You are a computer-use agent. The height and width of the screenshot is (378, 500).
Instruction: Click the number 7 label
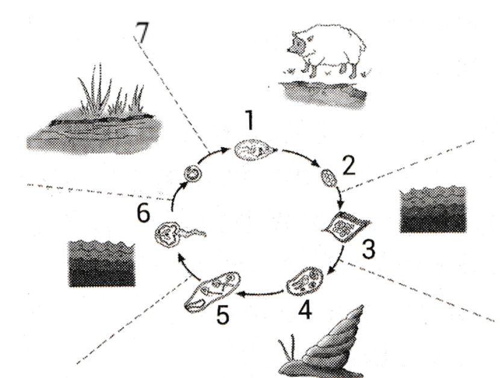pos(142,33)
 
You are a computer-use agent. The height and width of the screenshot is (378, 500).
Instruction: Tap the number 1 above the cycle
pos(249,120)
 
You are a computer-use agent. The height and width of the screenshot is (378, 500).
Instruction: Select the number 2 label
pos(349,166)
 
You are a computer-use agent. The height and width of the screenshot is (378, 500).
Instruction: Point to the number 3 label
pos(369,249)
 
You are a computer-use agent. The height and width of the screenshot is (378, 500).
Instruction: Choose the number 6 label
pos(143,213)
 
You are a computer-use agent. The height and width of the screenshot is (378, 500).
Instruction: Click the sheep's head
pos(298,45)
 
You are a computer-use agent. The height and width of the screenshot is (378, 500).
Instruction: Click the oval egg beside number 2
pos(329,178)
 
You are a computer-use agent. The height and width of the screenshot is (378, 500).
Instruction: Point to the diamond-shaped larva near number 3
pos(346,227)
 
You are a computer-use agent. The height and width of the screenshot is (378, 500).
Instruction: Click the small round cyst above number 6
pos(193,174)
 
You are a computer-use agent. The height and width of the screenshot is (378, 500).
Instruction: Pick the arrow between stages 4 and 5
pos(261,293)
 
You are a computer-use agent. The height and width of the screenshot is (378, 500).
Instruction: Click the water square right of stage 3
pos(433,209)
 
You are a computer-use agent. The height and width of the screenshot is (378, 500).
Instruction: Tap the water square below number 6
pos(101,264)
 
